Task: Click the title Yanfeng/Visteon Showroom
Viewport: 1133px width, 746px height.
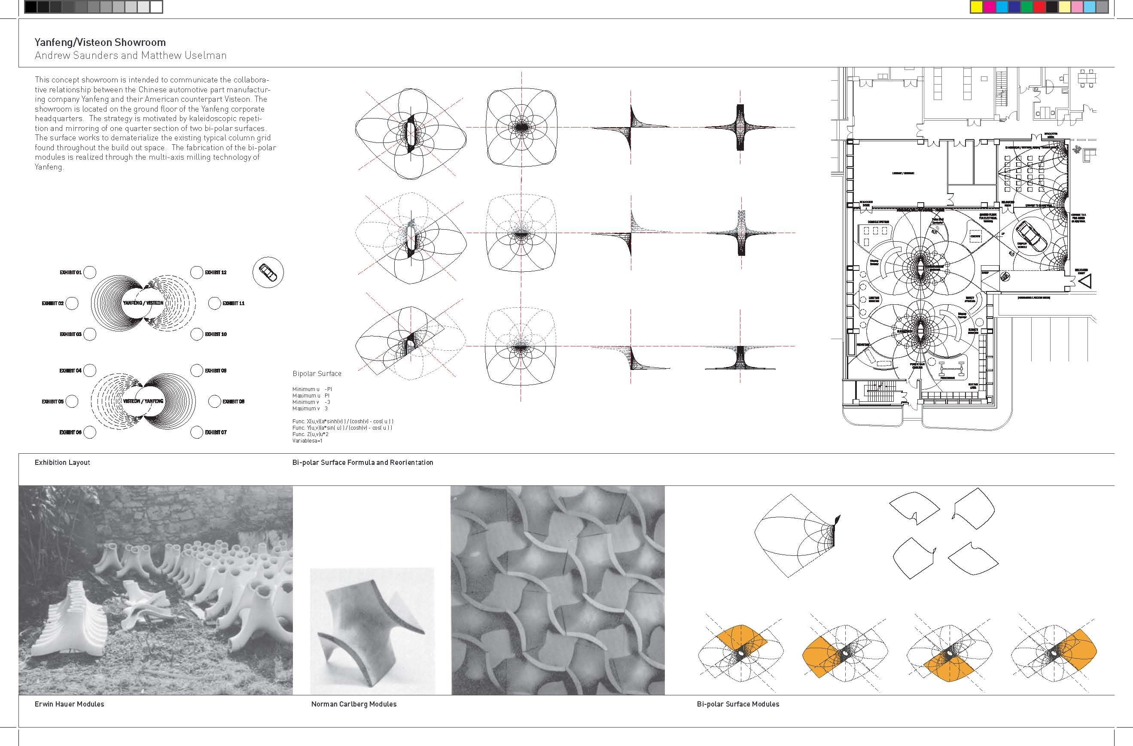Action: coord(100,42)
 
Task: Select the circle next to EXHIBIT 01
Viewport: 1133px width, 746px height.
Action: coord(89,273)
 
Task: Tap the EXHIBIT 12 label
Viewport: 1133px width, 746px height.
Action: coord(216,273)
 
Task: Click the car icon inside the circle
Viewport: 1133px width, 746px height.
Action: coord(268,273)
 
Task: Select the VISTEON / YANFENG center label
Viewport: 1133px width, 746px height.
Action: coord(143,401)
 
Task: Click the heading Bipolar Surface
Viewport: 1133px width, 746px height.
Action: coord(317,373)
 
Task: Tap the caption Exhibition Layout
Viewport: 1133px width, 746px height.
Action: coord(62,462)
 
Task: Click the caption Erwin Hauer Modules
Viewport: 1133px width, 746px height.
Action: coord(69,704)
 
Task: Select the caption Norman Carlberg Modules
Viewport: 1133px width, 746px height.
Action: coord(354,704)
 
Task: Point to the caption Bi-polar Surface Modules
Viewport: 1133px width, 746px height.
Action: coord(738,704)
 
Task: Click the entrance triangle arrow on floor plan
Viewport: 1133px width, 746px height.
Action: coord(1085,281)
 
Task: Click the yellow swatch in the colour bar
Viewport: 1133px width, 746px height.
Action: coord(976,7)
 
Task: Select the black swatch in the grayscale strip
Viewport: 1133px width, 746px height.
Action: coord(30,7)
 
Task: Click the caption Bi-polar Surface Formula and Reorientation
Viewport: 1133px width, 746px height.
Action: coord(362,462)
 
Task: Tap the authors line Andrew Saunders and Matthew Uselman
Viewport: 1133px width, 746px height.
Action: coord(131,56)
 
